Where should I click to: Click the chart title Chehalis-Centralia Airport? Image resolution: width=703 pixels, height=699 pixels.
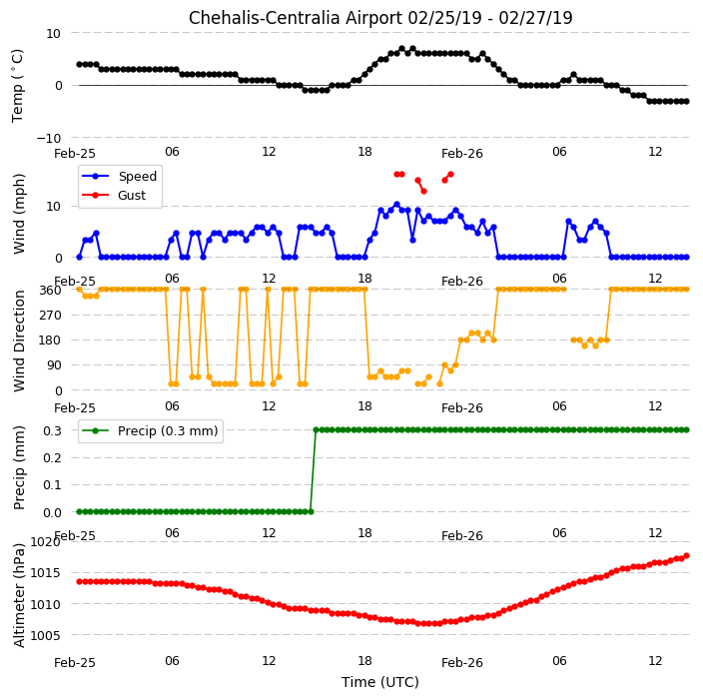295,18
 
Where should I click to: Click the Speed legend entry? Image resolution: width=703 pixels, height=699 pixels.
119,176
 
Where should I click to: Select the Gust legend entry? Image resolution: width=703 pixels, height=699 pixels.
114,195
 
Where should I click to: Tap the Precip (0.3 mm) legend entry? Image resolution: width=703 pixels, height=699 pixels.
150,430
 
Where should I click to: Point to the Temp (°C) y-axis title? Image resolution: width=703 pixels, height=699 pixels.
17,86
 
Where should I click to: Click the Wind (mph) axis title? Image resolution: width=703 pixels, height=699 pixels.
19,214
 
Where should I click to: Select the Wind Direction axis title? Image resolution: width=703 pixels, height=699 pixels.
19,341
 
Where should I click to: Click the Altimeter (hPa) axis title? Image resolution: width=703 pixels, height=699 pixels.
19,595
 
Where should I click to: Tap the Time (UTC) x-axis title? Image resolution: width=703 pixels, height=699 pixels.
380,682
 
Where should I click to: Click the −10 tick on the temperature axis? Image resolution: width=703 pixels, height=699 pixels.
48,138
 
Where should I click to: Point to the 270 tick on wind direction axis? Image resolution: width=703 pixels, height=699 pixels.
50,316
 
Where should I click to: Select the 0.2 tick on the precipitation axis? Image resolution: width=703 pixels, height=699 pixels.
52,457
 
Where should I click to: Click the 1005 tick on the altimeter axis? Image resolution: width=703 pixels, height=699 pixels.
45,635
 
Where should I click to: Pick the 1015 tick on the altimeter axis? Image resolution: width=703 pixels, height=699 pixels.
45,573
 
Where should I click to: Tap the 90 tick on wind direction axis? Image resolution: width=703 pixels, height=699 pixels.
54,365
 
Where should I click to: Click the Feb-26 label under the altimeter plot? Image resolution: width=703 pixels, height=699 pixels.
461,663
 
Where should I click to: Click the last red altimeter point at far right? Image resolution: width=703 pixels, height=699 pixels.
686,556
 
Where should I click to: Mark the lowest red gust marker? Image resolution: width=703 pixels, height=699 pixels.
423,192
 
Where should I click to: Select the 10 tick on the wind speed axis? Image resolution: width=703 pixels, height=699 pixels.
53,207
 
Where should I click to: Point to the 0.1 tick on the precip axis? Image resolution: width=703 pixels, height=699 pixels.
52,485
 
